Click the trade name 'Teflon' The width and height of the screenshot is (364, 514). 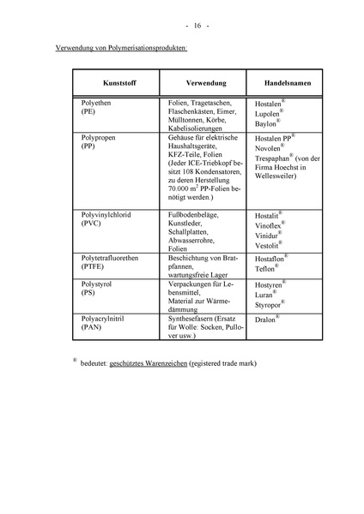(x=264, y=268)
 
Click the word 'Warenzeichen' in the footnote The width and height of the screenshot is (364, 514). (x=186, y=364)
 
